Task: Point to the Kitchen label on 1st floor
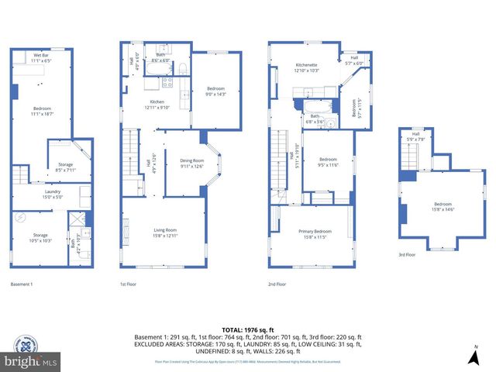click(x=157, y=105)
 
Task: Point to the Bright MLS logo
click(x=31, y=361)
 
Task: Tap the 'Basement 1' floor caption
click(x=21, y=284)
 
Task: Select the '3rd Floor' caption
click(x=407, y=254)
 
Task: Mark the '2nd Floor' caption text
click(x=276, y=284)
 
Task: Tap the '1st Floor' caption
click(x=128, y=284)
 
